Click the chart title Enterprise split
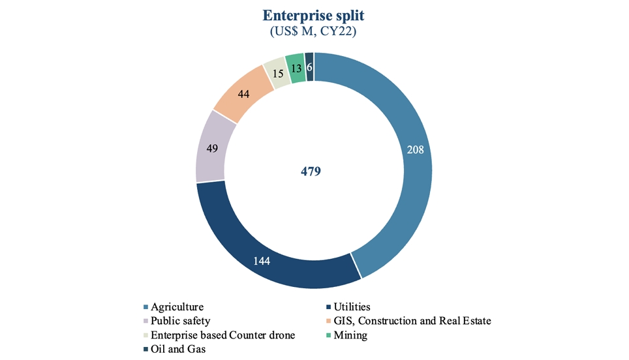[314, 16]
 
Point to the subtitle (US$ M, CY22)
[314, 31]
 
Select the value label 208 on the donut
[415, 149]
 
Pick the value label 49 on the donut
[212, 149]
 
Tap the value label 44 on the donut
[244, 94]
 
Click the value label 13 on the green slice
[296, 67]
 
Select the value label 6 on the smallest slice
[309, 67]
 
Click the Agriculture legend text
[177, 307]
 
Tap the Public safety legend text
[181, 321]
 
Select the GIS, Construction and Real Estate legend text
[412, 321]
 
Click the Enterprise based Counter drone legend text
[222, 335]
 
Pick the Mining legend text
[350, 335]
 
